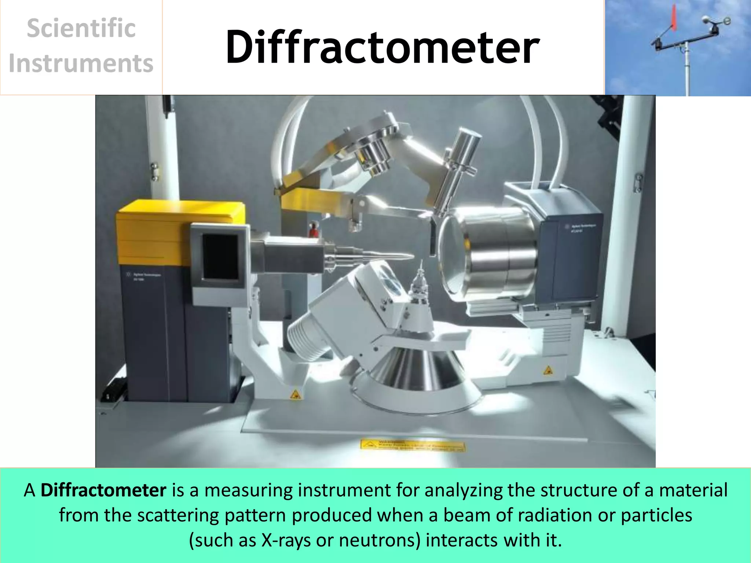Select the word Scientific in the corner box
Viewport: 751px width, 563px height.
tap(81, 29)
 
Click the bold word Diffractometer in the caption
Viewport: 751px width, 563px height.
tap(103, 490)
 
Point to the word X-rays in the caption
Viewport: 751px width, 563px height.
tap(286, 540)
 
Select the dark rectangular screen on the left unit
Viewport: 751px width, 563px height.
tap(220, 257)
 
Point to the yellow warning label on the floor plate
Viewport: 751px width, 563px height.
tap(413, 445)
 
